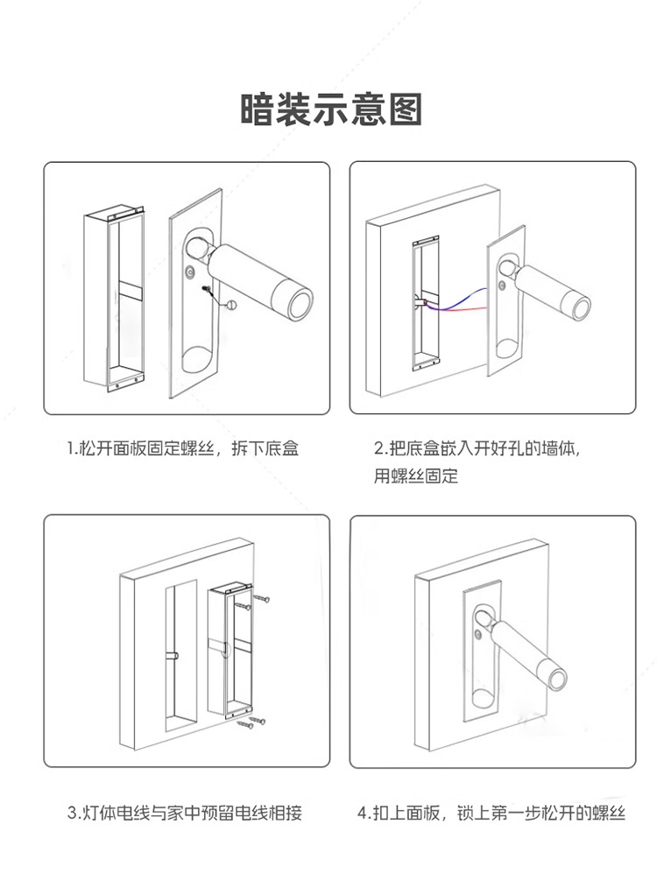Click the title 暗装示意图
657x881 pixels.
click(331, 109)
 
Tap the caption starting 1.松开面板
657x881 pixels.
click(183, 449)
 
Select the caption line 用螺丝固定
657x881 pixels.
click(415, 476)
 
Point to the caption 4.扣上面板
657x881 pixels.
click(491, 813)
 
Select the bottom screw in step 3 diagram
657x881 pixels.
click(258, 722)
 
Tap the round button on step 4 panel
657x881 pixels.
click(477, 632)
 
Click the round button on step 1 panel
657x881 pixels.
click(192, 271)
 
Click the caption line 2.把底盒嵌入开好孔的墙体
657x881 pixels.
click(477, 449)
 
